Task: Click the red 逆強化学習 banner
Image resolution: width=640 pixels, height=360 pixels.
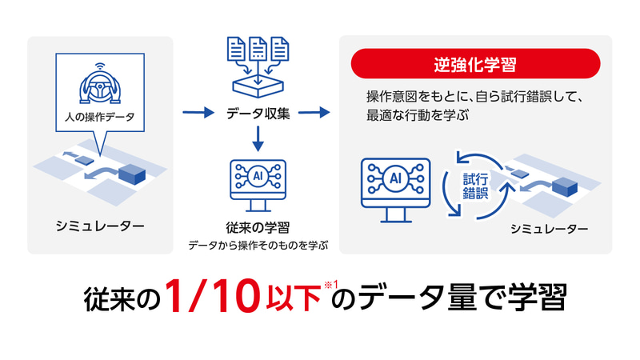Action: point(475,64)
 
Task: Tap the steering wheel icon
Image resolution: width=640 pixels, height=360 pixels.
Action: point(100,85)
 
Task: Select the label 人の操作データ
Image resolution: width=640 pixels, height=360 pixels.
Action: point(100,117)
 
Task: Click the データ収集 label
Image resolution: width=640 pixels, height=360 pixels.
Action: point(258,113)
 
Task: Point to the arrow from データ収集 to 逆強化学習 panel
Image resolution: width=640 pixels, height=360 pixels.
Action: point(314,112)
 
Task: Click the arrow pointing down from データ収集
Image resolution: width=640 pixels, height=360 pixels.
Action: point(258,138)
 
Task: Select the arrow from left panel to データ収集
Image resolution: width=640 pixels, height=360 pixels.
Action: point(198,112)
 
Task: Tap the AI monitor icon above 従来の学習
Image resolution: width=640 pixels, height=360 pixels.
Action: point(258,186)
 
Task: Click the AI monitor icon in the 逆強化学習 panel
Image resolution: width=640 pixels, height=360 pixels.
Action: point(395,190)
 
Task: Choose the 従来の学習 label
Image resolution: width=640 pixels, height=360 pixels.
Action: point(258,227)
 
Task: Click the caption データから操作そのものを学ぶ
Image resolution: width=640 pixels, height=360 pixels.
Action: point(258,246)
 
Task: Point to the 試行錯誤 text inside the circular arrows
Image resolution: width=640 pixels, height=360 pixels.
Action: point(475,186)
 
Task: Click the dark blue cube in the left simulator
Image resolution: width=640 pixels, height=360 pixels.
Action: point(132,174)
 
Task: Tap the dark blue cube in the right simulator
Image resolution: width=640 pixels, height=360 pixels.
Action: point(565,187)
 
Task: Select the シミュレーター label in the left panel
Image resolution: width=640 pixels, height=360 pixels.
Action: point(100,226)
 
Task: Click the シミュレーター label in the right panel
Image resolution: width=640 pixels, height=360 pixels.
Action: point(550,229)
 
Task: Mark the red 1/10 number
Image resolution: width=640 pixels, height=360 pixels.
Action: point(213,296)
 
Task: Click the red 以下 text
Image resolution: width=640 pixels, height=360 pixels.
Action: point(293,298)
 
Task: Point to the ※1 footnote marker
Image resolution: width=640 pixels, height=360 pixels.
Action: point(331,285)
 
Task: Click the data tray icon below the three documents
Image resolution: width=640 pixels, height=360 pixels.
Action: point(258,86)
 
